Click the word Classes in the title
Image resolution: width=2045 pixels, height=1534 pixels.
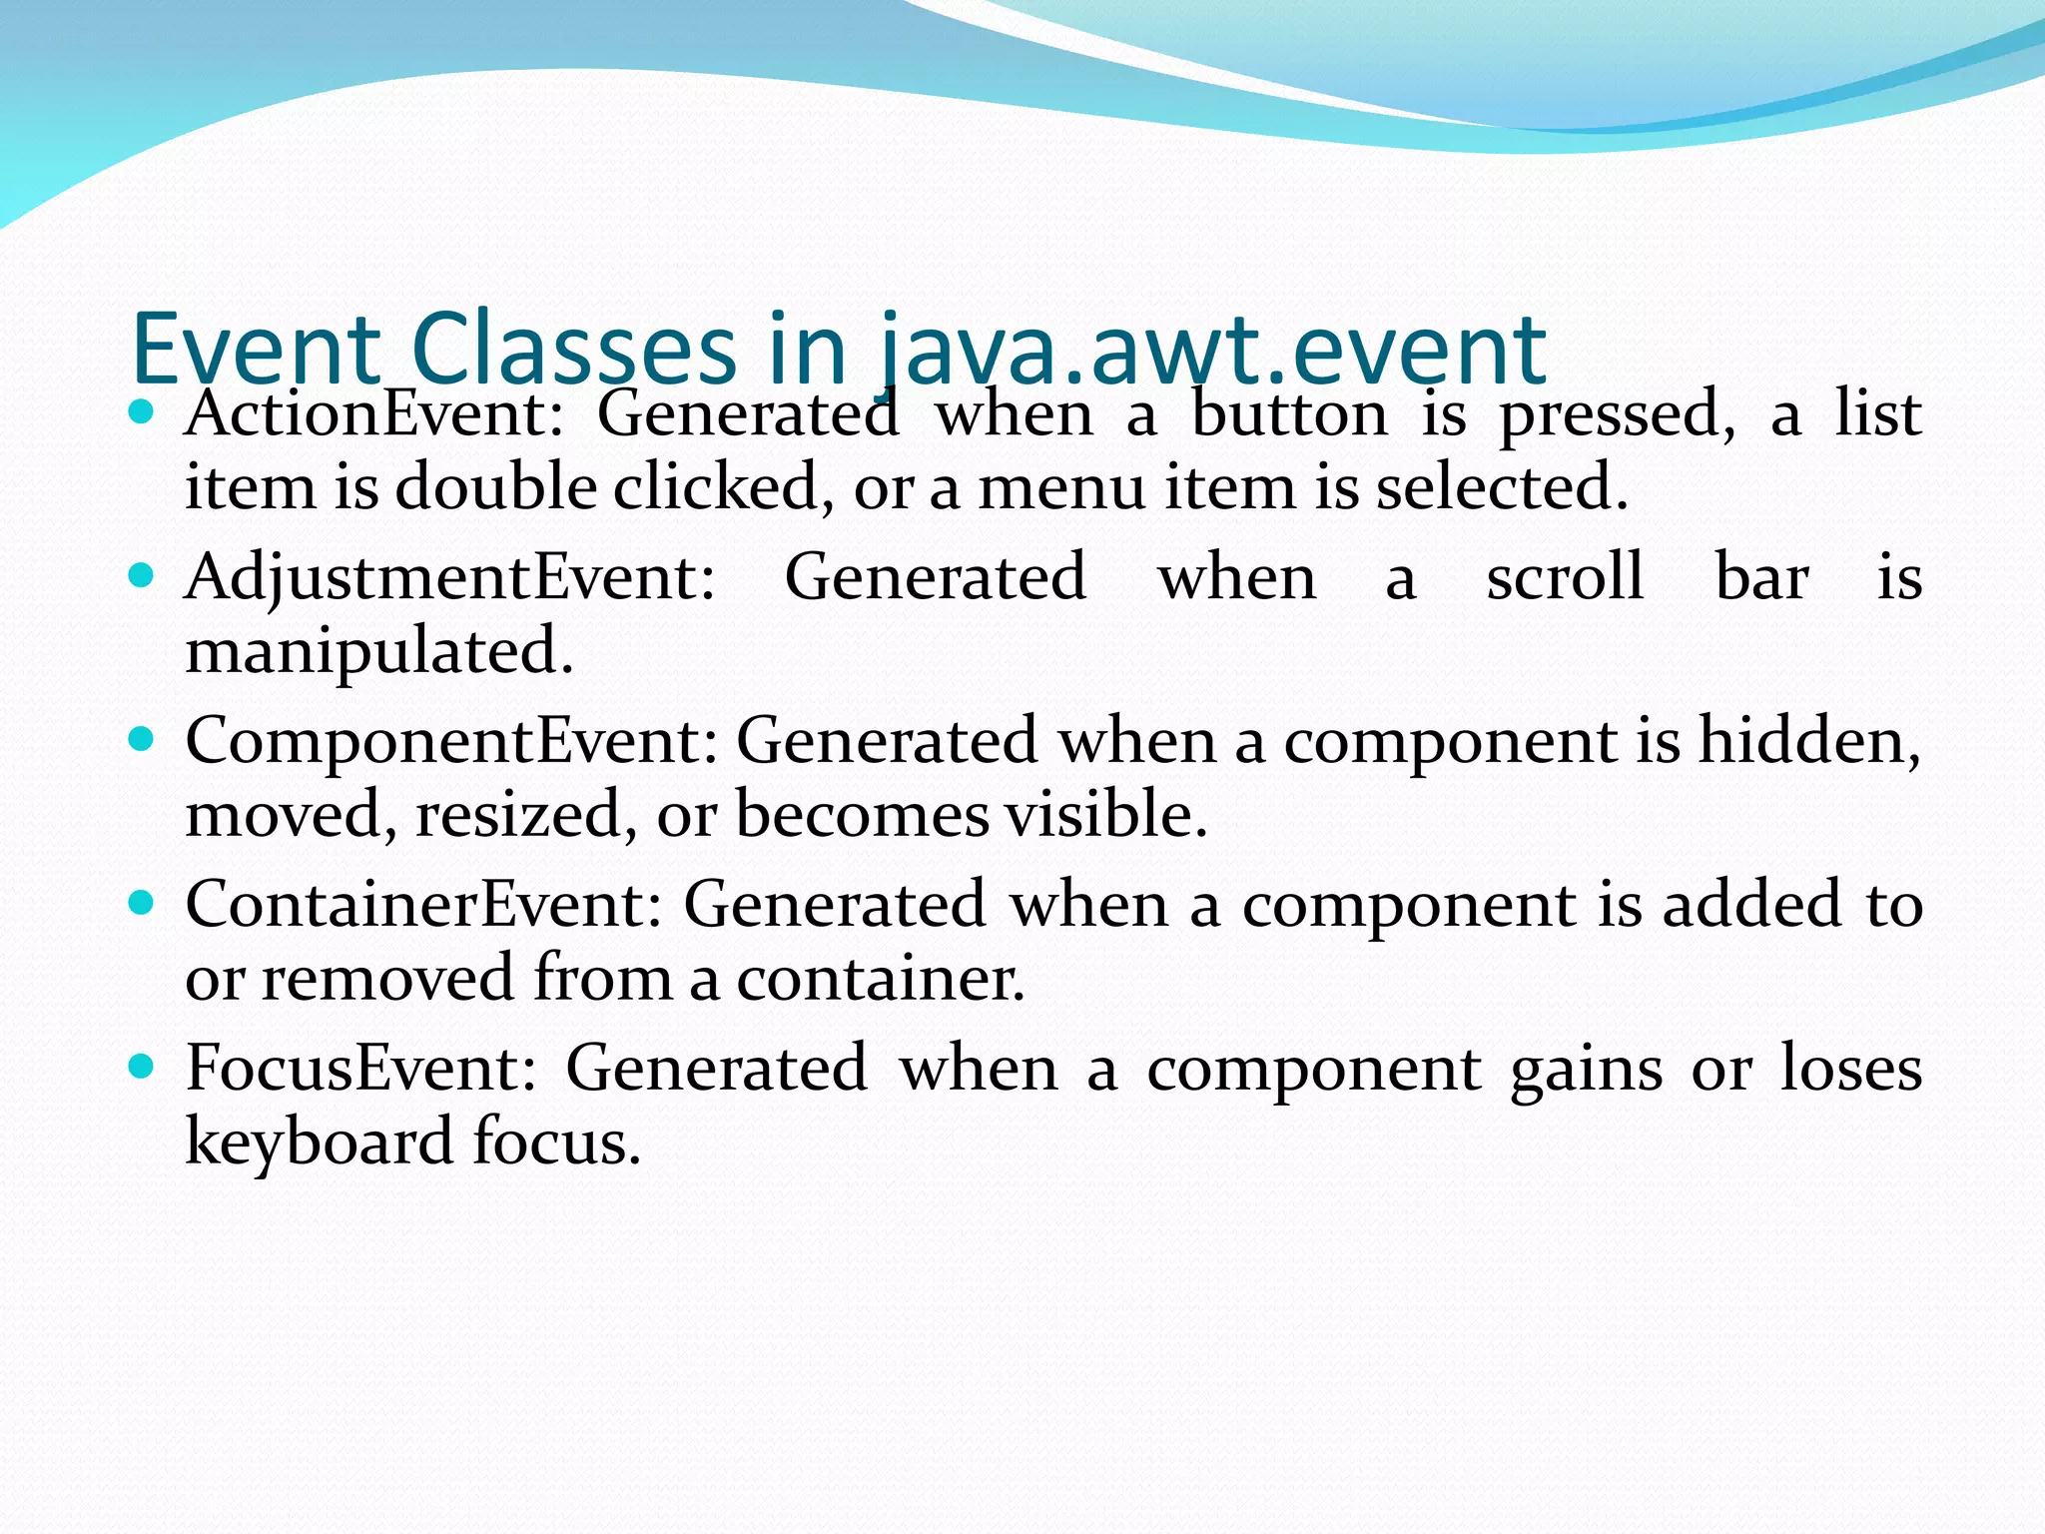[573, 350]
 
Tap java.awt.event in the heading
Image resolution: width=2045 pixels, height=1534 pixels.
[1213, 350]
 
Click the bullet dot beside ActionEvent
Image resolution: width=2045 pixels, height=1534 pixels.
[142, 411]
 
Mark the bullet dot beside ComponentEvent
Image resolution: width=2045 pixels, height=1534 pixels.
[142, 739]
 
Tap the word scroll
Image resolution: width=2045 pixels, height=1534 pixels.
[1565, 577]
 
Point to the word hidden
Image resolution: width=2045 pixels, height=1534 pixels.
[1808, 741]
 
